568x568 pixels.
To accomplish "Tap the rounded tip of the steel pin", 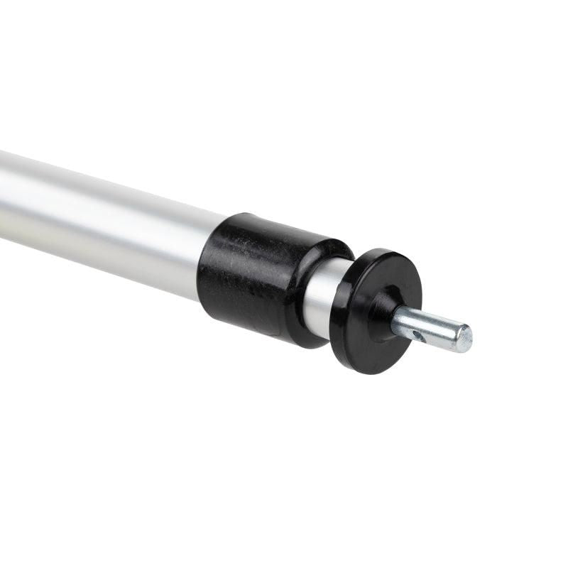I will coord(464,338).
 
